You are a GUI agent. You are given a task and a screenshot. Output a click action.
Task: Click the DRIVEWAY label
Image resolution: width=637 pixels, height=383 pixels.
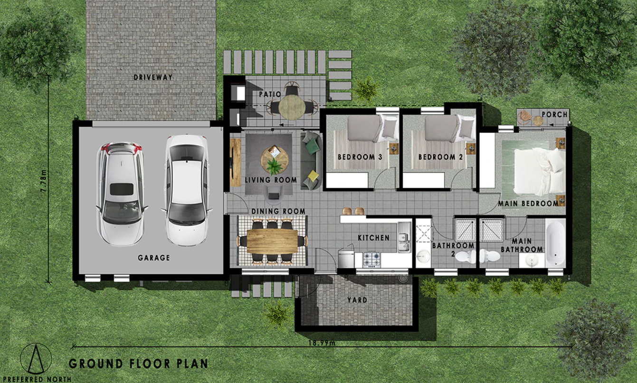(153, 77)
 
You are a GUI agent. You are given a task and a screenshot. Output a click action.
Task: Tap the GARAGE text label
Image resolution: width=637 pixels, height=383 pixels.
(154, 258)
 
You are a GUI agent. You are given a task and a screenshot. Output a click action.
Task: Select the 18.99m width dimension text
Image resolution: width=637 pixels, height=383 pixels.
(322, 343)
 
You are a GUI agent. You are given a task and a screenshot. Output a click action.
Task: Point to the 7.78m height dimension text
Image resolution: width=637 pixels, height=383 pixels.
(44, 181)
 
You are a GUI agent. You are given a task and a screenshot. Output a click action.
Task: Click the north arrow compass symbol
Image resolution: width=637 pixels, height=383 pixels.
(36, 359)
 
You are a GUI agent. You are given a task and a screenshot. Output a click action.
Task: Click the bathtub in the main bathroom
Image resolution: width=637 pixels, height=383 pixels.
(555, 243)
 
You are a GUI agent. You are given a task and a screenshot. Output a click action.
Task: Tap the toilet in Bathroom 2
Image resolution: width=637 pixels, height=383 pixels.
(466, 257)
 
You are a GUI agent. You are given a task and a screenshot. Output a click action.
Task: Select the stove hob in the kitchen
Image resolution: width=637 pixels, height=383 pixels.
(371, 260)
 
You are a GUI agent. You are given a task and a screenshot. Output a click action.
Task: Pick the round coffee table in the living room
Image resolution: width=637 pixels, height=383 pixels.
(275, 160)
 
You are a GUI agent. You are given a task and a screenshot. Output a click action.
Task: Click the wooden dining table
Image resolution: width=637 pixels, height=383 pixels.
(272, 241)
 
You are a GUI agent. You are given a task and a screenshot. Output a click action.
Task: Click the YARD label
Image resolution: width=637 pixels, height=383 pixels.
(357, 300)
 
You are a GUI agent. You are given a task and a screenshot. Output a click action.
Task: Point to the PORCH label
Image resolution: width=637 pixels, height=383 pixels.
(554, 114)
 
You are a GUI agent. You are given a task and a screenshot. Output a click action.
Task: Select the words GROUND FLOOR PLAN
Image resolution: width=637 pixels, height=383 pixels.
(138, 364)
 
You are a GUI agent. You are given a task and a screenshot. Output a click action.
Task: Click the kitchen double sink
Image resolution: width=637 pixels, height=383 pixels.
(404, 237)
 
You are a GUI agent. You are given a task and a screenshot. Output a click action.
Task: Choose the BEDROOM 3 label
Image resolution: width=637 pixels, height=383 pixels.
(360, 157)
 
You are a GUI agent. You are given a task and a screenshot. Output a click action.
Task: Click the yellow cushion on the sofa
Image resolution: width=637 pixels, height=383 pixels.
(313, 175)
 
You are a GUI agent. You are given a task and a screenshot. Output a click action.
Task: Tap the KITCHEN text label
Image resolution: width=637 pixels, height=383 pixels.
(374, 238)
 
